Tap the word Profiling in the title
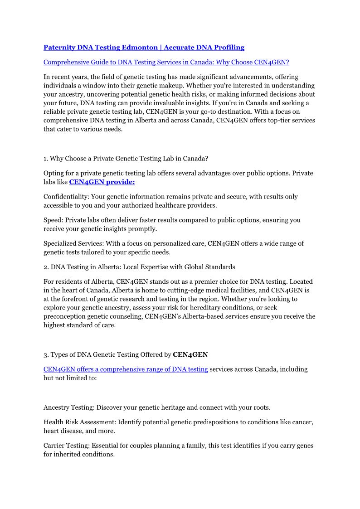[x=226, y=47]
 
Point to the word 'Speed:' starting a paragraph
[x=53, y=220]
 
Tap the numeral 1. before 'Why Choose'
[x=46, y=159]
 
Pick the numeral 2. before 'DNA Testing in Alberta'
[x=46, y=267]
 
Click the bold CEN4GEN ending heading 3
[x=190, y=354]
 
